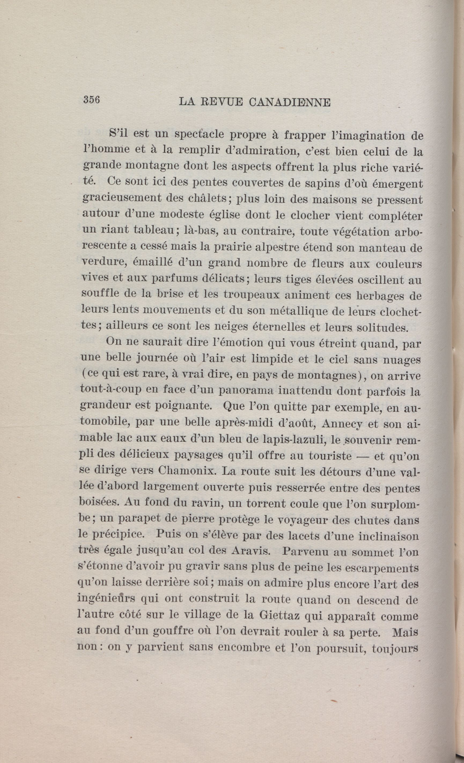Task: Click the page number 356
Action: click(x=91, y=100)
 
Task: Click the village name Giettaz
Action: click(x=277, y=616)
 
